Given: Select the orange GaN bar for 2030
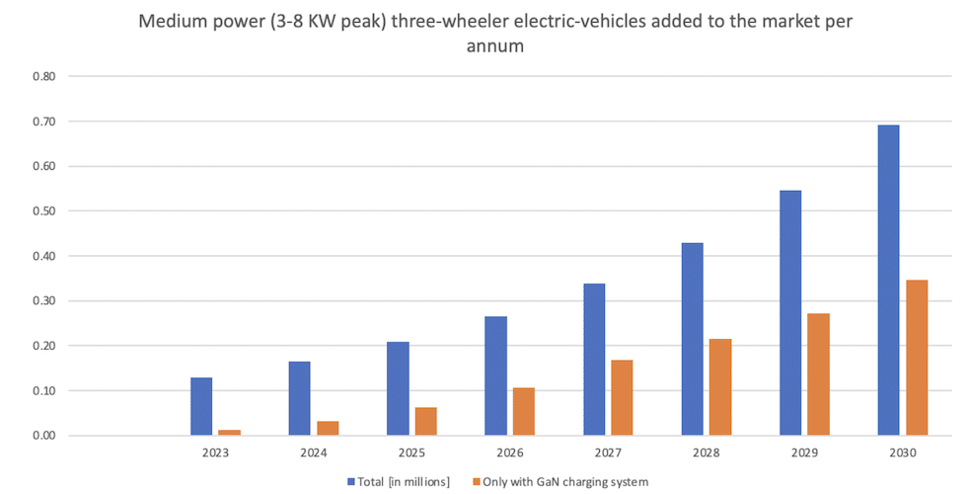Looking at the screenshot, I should (x=917, y=358).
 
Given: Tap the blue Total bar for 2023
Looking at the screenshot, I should (x=201, y=406).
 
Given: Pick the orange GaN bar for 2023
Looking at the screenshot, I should (x=230, y=432).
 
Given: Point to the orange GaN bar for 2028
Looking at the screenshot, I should (x=720, y=386).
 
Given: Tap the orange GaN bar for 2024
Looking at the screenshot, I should (x=328, y=428).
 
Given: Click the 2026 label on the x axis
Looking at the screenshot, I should (x=509, y=453).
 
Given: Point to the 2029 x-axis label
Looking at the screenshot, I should (x=804, y=453).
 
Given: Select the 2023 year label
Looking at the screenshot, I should (x=215, y=453).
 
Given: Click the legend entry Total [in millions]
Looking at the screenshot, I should (x=400, y=481).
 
